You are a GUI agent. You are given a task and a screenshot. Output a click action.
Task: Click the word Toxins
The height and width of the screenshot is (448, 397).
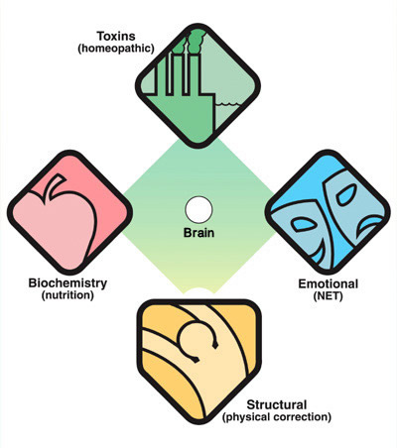tap(116, 36)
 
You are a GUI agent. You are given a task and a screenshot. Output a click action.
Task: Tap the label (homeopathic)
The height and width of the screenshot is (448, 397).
tap(116, 49)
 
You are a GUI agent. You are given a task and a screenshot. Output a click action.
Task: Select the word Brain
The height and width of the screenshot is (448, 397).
tap(198, 233)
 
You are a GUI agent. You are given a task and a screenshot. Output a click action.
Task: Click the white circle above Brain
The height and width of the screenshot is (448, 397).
tap(198, 210)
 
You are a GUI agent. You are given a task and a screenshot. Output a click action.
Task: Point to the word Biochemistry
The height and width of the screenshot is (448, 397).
tap(67, 282)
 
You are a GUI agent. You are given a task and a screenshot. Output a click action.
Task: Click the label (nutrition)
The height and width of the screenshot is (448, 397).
tap(67, 294)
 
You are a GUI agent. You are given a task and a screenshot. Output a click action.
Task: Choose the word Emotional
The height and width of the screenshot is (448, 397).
tap(329, 283)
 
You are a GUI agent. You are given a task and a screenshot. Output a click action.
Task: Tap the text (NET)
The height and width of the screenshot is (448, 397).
tap(328, 295)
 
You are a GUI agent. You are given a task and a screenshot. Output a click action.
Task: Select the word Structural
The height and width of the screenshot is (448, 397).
tap(277, 404)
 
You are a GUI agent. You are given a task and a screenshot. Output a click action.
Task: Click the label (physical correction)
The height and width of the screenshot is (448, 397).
tap(277, 416)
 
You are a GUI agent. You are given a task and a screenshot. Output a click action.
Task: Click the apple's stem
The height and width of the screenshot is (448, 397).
tap(55, 186)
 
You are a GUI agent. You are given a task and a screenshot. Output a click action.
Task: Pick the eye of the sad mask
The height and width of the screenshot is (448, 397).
tap(346, 195)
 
